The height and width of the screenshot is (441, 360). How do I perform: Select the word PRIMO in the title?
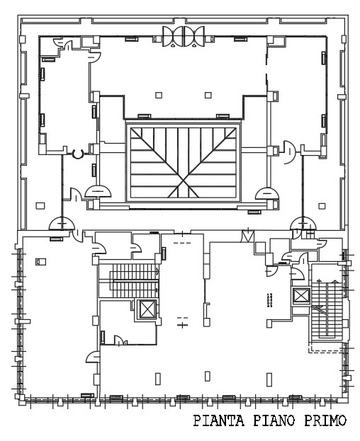tap(322, 423)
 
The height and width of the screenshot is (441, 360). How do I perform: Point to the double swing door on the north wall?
tap(184, 35)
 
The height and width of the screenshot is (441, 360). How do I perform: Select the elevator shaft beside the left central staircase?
tap(147, 309)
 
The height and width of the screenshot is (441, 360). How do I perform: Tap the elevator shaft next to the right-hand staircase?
tap(301, 296)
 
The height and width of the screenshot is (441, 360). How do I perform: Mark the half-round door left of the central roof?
tap(98, 191)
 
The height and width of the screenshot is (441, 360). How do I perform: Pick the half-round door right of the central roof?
tap(268, 193)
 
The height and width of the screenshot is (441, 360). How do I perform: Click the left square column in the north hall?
tap(159, 95)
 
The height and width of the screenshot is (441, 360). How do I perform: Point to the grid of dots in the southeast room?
tap(269, 302)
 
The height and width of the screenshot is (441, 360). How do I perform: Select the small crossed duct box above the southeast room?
tap(248, 236)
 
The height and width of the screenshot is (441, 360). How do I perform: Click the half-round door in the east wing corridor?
tap(288, 150)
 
